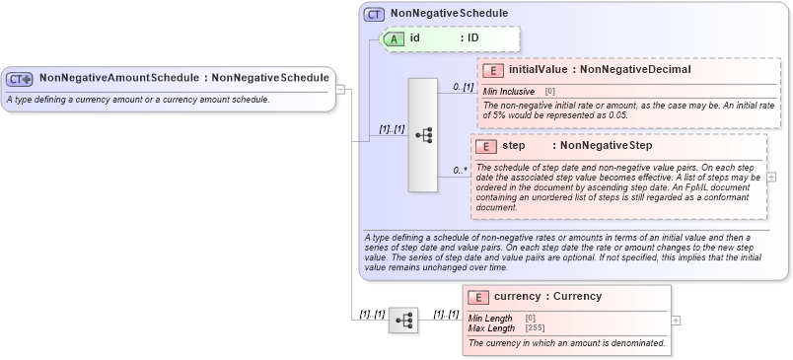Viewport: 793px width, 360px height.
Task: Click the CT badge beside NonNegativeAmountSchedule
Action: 20,78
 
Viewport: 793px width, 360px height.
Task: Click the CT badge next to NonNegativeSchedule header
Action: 375,14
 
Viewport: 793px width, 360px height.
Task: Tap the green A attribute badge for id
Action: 395,38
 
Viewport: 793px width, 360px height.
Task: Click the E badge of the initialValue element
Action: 493,70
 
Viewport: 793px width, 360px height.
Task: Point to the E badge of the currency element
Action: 478,297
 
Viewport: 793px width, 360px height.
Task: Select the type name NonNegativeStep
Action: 602,146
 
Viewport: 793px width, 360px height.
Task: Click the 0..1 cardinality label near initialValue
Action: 464,87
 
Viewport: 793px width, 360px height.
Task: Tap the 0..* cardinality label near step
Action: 460,171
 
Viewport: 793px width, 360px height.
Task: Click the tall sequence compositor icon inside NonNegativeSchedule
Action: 423,134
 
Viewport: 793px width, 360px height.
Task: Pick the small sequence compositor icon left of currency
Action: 403,321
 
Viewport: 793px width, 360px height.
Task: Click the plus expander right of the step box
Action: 771,177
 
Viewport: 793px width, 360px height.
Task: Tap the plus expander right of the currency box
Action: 676,320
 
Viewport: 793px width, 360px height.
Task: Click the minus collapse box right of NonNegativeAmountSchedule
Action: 340,90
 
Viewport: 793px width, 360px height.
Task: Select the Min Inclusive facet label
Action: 509,91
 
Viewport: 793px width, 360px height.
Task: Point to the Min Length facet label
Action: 490,318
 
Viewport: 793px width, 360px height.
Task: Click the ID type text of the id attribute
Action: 473,38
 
